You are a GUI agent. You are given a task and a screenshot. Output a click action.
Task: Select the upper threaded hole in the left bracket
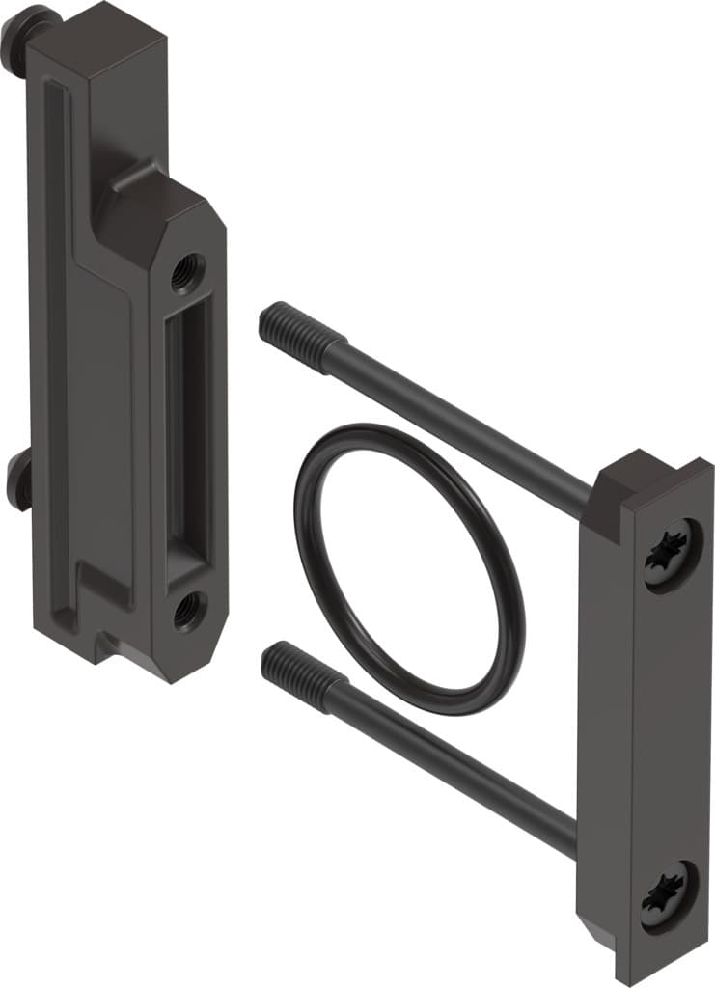186,271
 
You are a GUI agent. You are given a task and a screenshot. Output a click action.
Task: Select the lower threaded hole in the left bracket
186,609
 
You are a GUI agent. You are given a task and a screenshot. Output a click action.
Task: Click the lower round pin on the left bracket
18,480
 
